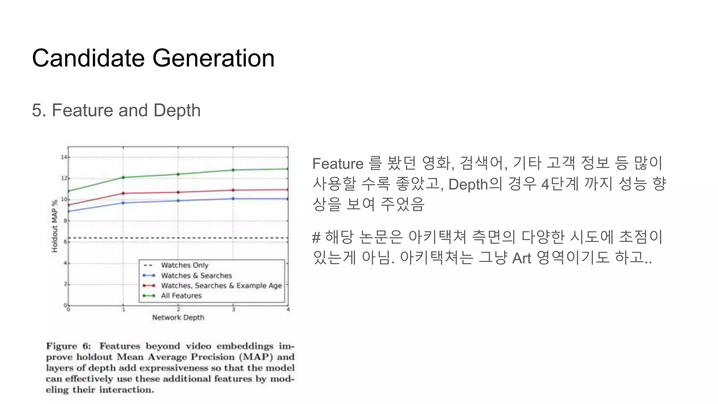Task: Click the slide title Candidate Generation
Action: (153, 58)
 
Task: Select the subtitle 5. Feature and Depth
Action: (116, 110)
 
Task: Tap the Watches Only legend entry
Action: (184, 265)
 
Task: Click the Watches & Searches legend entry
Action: (196, 276)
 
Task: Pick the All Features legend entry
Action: (181, 296)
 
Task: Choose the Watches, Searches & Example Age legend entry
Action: (221, 286)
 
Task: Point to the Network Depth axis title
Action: (178, 318)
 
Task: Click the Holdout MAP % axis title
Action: (55, 226)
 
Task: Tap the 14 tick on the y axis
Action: (64, 157)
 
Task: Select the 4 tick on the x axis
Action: (288, 310)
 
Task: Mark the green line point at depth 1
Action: (123, 177)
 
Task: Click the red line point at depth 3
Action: (233, 190)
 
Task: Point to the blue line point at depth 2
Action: (178, 201)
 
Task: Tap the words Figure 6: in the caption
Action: (68, 346)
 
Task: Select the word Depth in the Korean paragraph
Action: (468, 184)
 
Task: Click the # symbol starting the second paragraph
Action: (316, 237)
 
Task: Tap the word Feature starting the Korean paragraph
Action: (338, 164)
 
